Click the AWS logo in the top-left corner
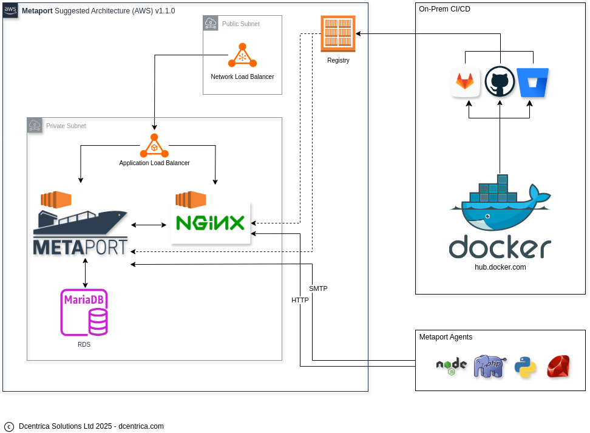click(10, 10)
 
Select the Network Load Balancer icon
click(242, 56)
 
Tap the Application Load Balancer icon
click(154, 146)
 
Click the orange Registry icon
click(337, 34)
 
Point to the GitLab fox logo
click(465, 82)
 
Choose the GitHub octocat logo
click(500, 81)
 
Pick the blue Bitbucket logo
click(533, 83)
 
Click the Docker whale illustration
click(500, 206)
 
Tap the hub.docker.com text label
click(500, 267)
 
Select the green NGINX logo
click(210, 223)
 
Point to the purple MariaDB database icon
click(84, 312)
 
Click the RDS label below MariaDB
click(84, 344)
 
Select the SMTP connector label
click(318, 288)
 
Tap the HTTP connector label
click(300, 300)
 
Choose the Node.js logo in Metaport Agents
click(452, 366)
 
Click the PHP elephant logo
click(490, 366)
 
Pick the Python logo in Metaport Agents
click(525, 367)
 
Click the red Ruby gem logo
click(558, 366)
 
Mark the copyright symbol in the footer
click(9, 426)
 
